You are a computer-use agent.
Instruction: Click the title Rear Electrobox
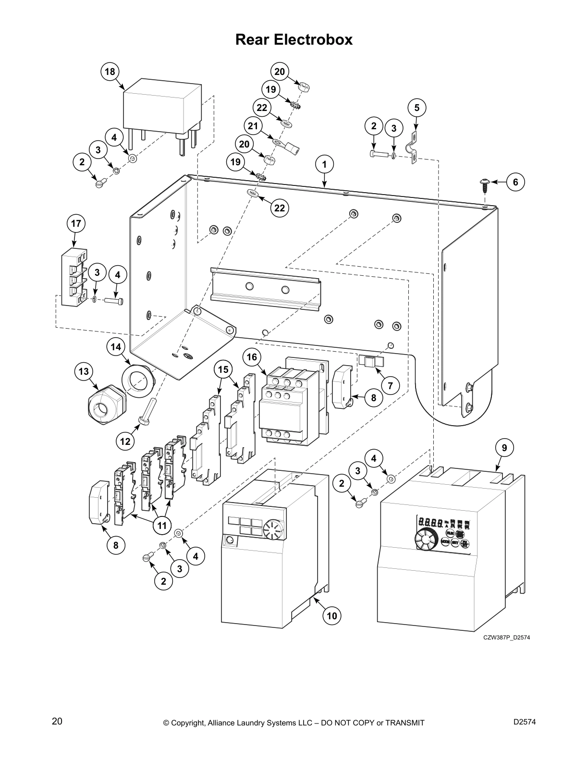coord(294,39)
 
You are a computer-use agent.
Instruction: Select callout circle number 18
coord(110,72)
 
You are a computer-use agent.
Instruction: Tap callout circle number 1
coord(324,164)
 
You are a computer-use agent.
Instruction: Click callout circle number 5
coord(417,108)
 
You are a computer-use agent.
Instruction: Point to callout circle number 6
coord(515,182)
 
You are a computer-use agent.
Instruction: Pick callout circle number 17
coord(75,223)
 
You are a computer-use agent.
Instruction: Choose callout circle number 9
coord(504,448)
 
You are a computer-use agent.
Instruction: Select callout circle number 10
coord(332,615)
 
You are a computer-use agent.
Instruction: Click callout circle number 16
coord(252,356)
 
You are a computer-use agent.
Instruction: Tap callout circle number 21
coord(253,126)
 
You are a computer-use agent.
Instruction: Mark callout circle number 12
coord(125,441)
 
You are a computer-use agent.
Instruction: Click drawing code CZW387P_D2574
coord(506,638)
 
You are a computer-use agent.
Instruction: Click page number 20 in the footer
coord(57,722)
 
